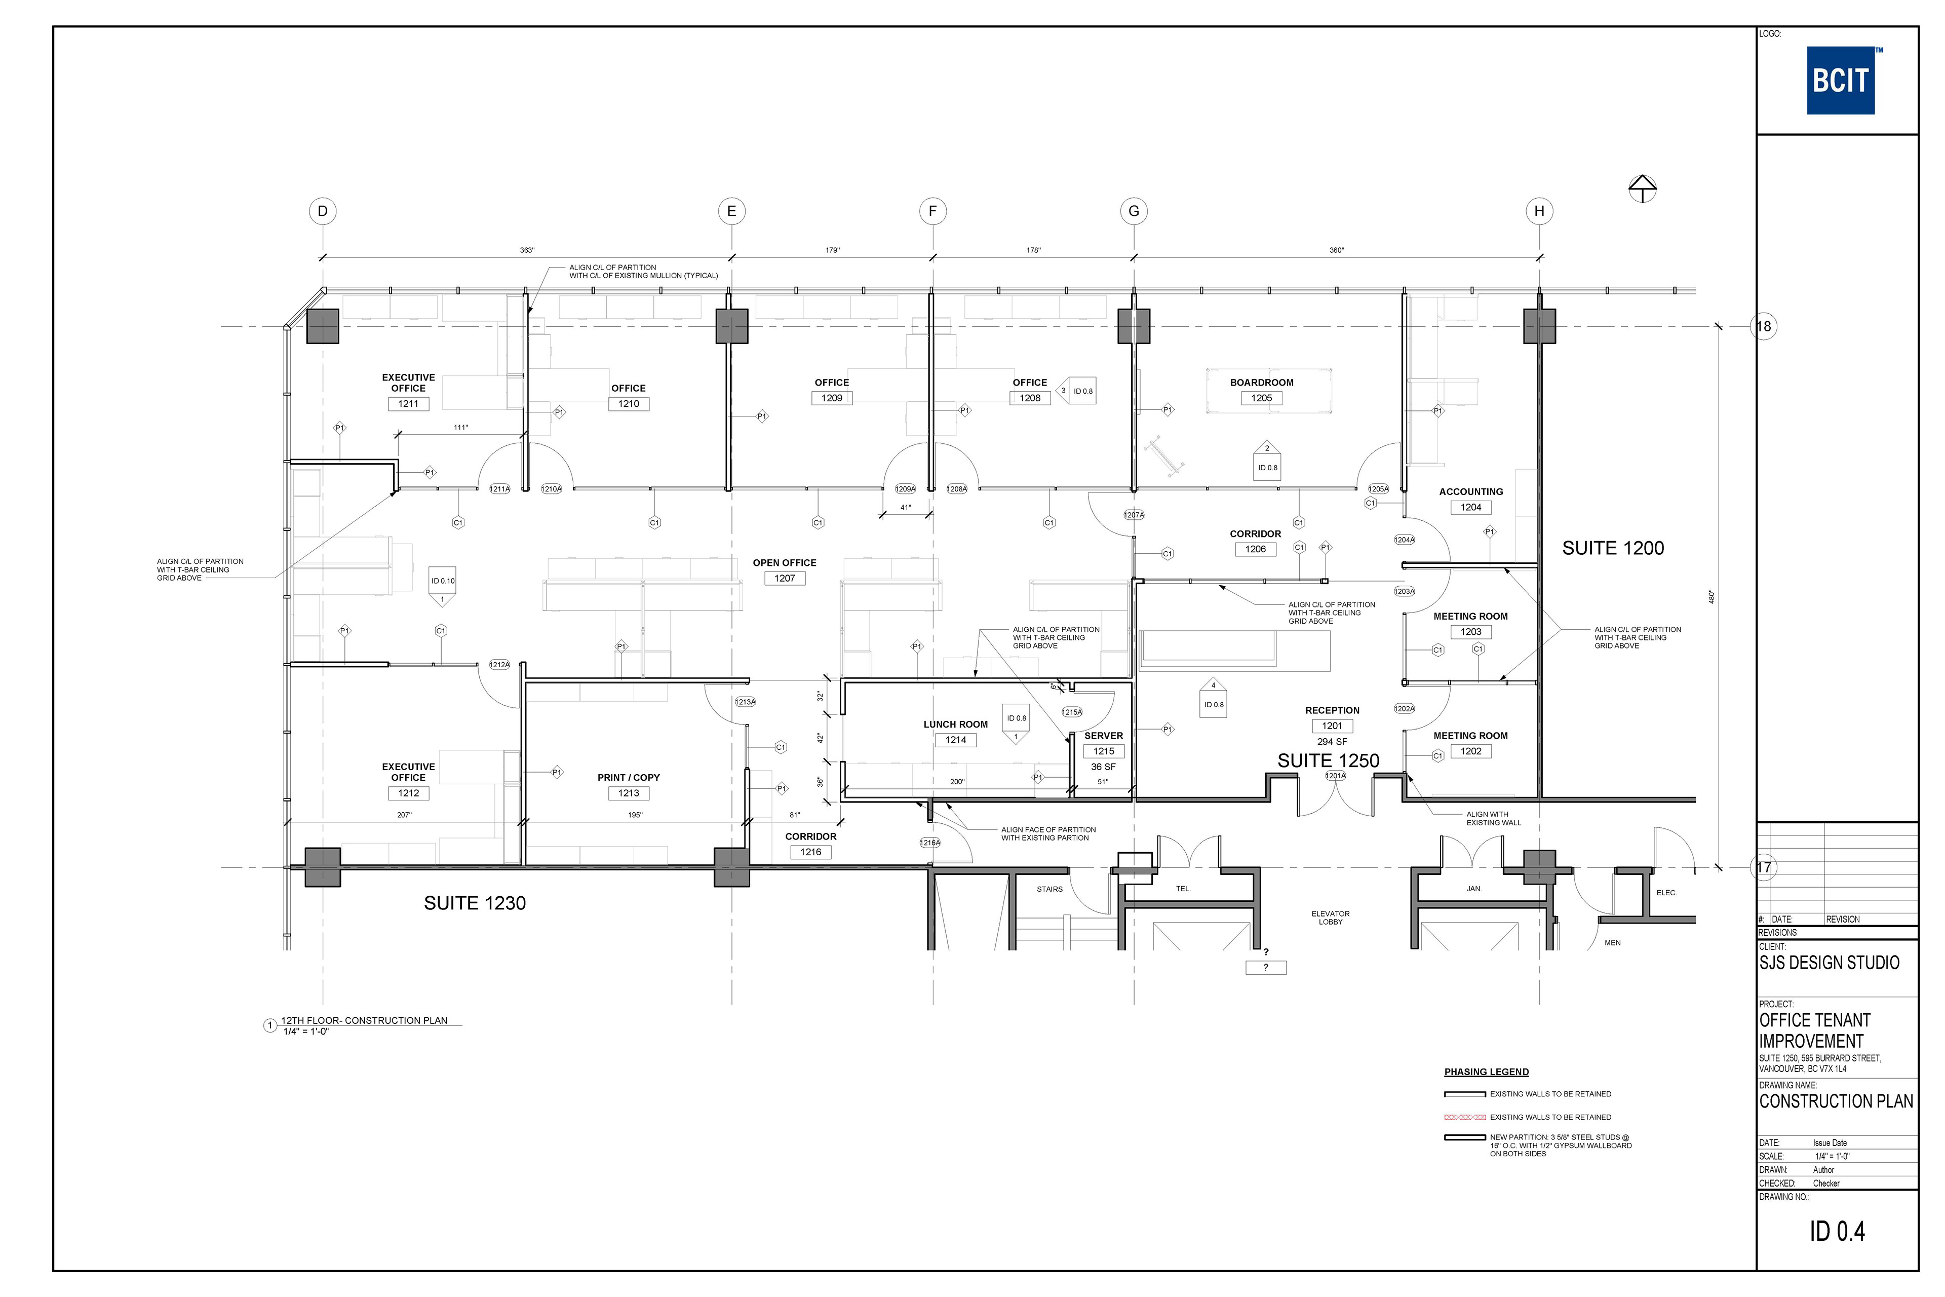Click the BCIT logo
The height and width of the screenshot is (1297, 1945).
click(x=1840, y=80)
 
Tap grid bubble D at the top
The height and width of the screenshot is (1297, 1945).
click(x=323, y=211)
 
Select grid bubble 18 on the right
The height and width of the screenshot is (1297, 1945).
click(x=1764, y=326)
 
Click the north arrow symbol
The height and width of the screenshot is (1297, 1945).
click(x=1642, y=188)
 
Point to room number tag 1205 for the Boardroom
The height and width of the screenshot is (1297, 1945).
click(x=1261, y=398)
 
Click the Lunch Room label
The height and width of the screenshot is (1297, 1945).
click(x=955, y=724)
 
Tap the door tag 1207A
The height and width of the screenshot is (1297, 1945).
click(x=1134, y=515)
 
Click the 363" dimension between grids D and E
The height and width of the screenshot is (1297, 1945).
click(x=527, y=250)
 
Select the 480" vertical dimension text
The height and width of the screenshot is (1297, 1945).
click(x=1712, y=596)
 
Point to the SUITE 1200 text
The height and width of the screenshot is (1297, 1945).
click(x=1613, y=548)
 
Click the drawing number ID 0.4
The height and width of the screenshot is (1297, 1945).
click(x=1837, y=1232)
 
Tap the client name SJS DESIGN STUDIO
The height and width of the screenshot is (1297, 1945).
click(x=1829, y=962)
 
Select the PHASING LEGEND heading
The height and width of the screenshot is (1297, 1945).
click(x=1486, y=1072)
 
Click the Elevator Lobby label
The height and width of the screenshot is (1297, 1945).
click(x=1331, y=918)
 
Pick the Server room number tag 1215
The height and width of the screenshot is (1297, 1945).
click(x=1104, y=751)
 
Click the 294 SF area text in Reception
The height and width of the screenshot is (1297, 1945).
click(x=1332, y=742)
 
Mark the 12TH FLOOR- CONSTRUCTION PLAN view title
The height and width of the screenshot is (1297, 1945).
click(x=364, y=1021)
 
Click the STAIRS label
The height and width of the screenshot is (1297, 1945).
click(x=1049, y=889)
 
